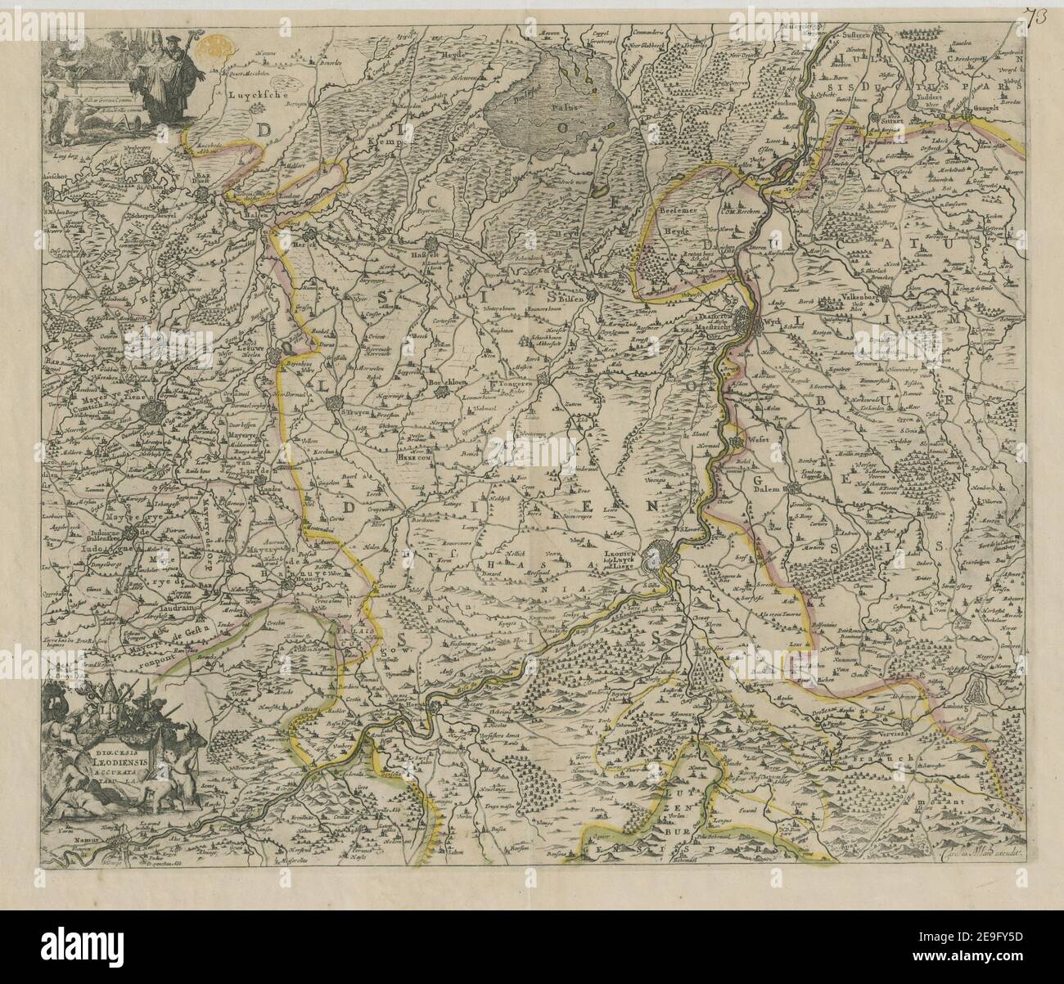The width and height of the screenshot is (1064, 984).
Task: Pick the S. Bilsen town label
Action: [x=566, y=299]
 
